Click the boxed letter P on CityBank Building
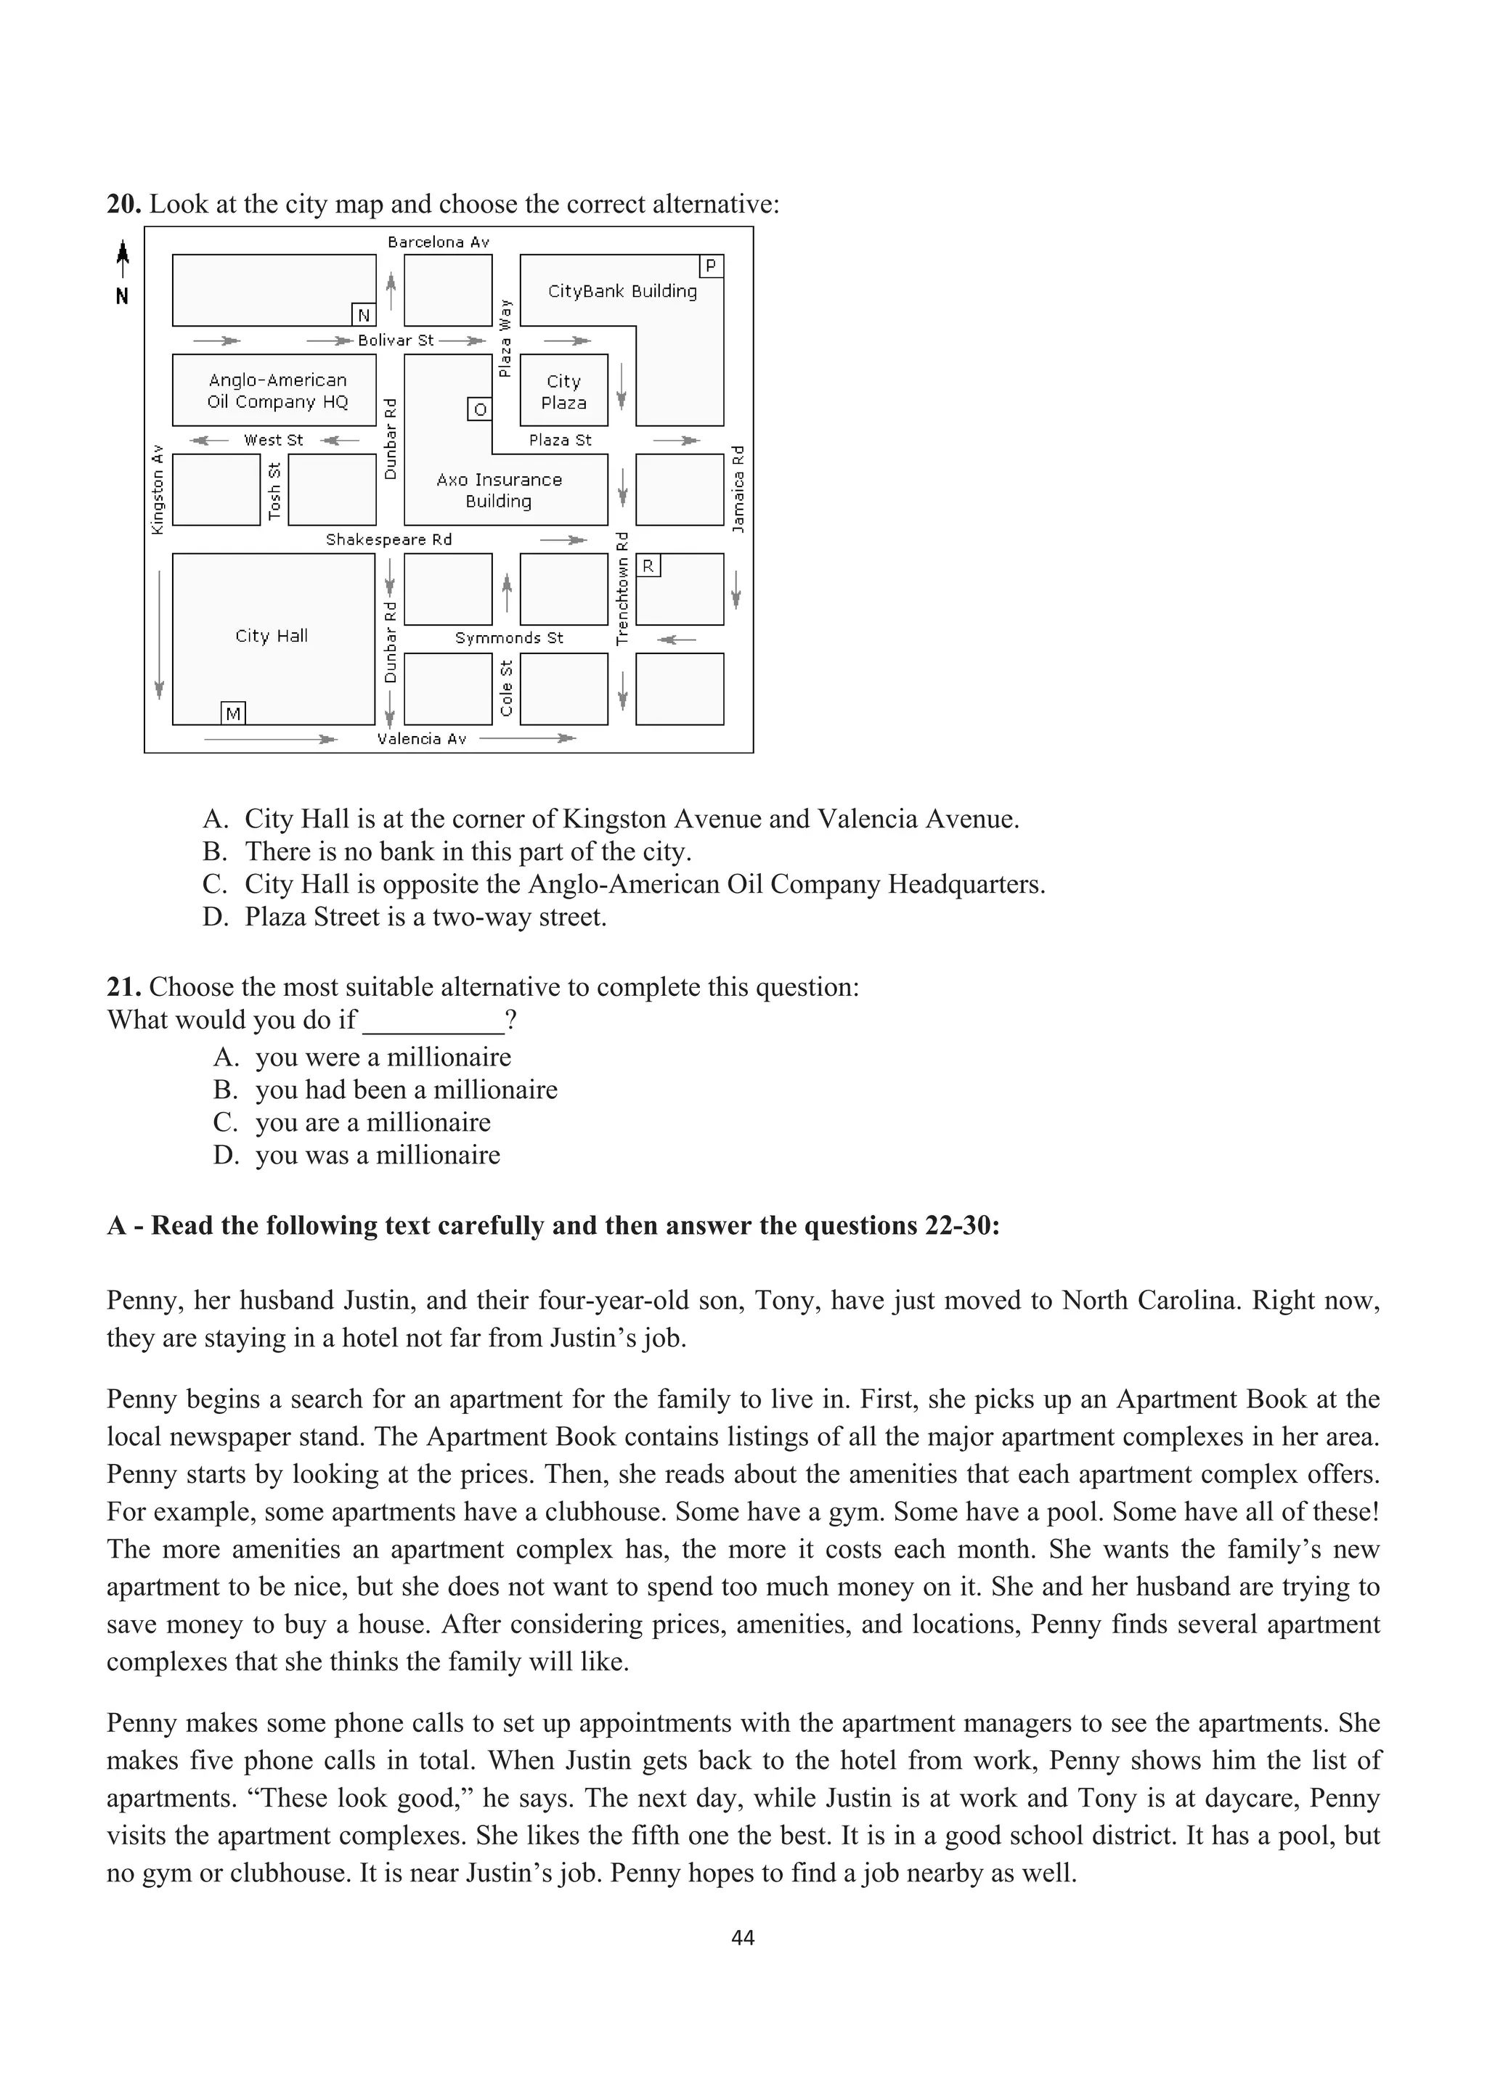(x=711, y=266)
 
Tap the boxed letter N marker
(x=364, y=315)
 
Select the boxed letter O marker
(x=479, y=409)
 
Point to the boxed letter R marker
(x=648, y=565)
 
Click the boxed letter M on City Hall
(x=234, y=713)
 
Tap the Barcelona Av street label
(x=439, y=242)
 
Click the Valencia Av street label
(x=422, y=739)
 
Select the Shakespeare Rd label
(x=389, y=539)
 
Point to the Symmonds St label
(x=509, y=638)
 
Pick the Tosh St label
(x=274, y=491)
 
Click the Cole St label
(x=506, y=688)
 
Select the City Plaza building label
(x=563, y=392)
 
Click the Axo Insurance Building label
(x=499, y=490)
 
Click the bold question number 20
(x=123, y=203)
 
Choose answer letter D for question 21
(x=225, y=1154)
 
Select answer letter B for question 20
(x=214, y=851)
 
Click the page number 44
(x=743, y=1937)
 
